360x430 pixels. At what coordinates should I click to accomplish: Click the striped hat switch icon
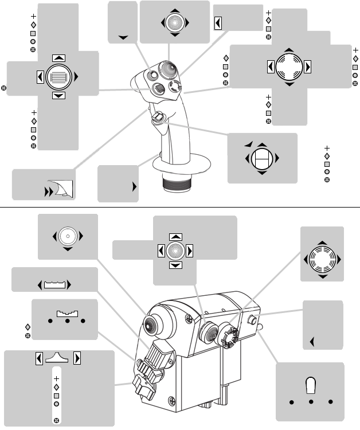pos(58,76)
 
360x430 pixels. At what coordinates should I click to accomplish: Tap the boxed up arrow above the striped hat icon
pos(58,58)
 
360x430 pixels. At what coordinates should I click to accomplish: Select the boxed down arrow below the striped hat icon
pos(58,95)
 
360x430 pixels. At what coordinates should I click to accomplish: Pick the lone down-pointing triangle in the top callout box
pos(123,37)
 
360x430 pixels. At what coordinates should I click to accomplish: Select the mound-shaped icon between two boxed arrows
pos(58,358)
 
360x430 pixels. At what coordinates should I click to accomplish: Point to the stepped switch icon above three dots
pos(67,314)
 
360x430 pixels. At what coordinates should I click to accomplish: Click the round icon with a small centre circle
pos(68,236)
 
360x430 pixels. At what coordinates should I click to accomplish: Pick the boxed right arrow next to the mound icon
pos(77,358)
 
